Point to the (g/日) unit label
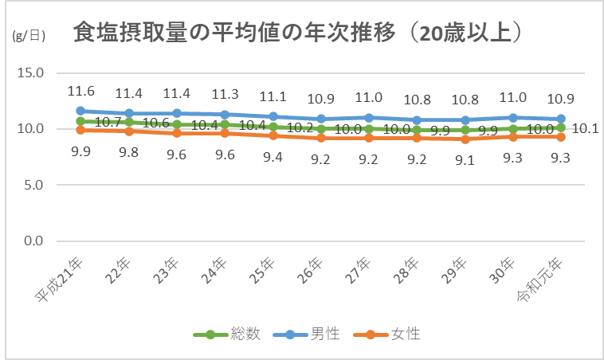pos(29,35)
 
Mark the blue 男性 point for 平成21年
pos(80,111)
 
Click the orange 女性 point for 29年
pos(465,139)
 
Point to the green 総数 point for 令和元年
pos(562,127)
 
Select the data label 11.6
pos(80,91)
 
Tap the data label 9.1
pos(465,158)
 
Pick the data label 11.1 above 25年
pos(273,96)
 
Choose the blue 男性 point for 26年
pos(321,119)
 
